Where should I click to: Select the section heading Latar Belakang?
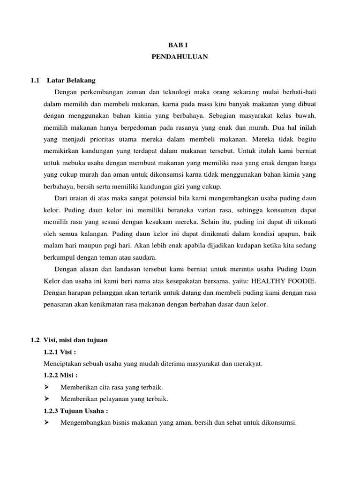click(71, 80)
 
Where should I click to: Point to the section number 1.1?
click(34, 80)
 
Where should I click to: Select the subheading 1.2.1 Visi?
click(59, 352)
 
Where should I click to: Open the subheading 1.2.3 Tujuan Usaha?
click(75, 411)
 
